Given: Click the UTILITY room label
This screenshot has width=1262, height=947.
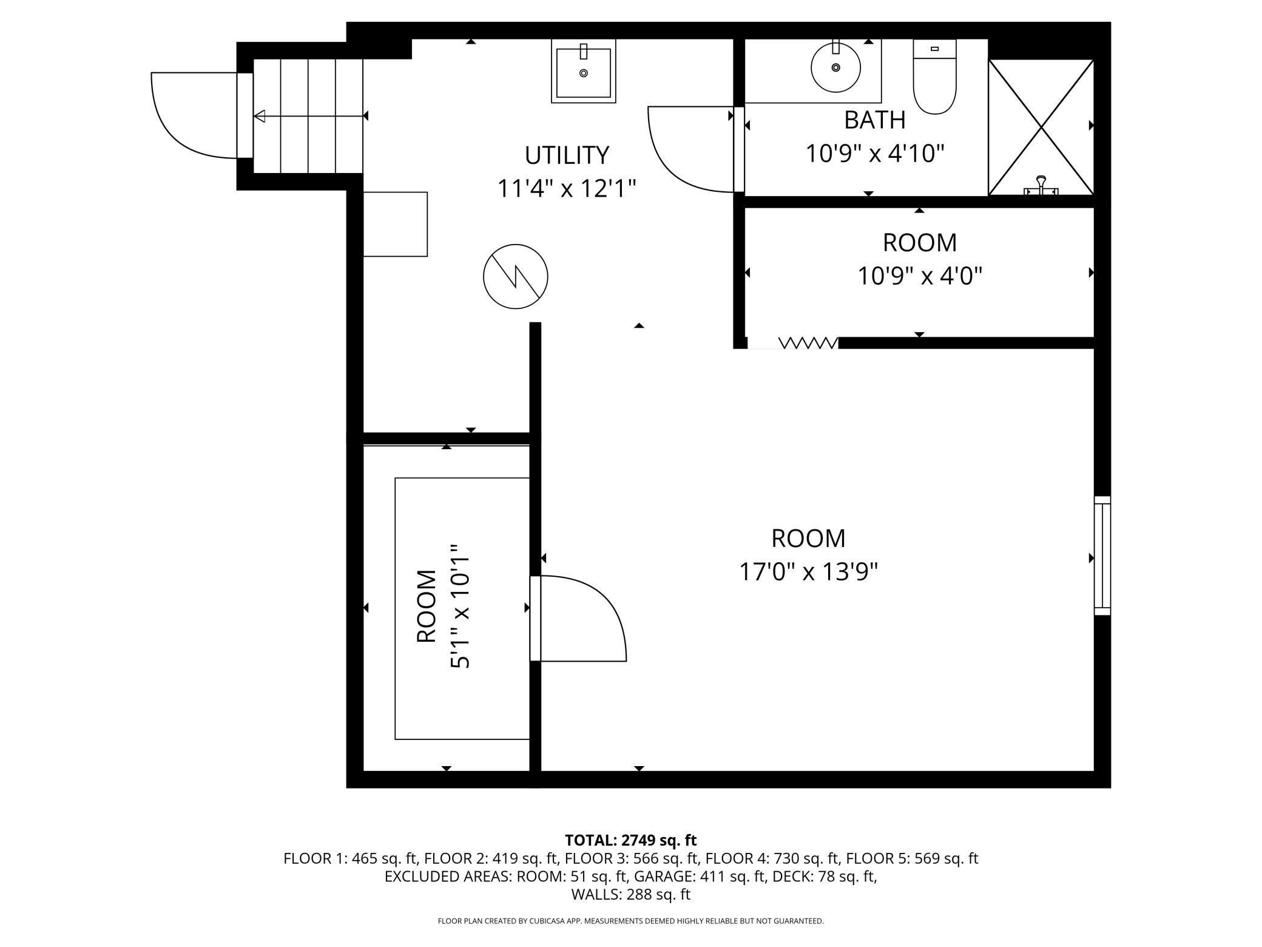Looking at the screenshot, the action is (x=567, y=155).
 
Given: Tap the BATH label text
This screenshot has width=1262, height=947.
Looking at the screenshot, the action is (x=874, y=120).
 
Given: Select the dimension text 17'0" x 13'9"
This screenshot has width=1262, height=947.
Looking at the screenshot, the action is (x=808, y=572).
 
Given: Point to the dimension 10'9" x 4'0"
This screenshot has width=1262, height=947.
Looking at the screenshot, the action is (x=919, y=277).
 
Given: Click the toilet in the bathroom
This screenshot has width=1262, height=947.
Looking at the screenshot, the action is (x=934, y=76).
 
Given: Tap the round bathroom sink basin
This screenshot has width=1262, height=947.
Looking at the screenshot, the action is (x=835, y=67).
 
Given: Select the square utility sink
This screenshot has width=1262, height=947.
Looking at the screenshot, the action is (x=583, y=71).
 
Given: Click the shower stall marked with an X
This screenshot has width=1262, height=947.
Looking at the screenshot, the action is (x=1041, y=127).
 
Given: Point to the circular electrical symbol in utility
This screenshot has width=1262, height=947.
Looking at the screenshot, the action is (x=515, y=276).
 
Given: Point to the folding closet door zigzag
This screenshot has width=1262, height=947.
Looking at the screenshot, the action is (x=808, y=344).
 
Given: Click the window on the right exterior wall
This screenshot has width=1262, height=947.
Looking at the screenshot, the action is (x=1102, y=555).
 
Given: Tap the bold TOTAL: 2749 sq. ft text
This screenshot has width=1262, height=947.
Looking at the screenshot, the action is (x=630, y=840).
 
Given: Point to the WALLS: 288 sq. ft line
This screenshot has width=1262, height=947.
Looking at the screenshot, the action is (x=630, y=894).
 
